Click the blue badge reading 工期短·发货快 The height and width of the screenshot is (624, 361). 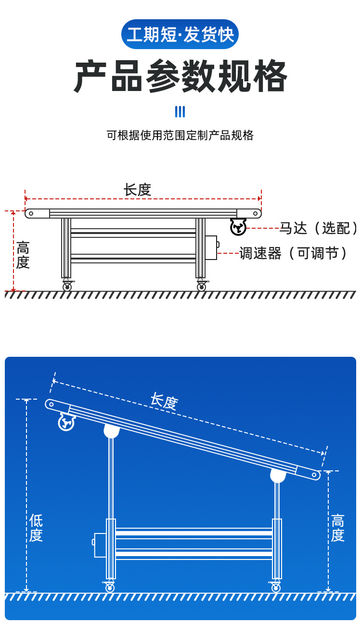pyautogui.click(x=180, y=35)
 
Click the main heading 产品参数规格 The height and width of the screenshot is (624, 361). pyautogui.click(x=180, y=77)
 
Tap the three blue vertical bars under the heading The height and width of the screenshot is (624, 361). pyautogui.click(x=180, y=112)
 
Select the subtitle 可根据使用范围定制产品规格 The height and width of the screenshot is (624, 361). pyautogui.click(x=180, y=135)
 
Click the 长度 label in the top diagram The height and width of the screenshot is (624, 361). pyautogui.click(x=137, y=190)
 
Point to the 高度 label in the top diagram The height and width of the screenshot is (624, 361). pyautogui.click(x=23, y=255)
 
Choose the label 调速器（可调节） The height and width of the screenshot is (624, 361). pyautogui.click(x=294, y=253)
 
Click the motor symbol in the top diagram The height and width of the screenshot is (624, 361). pyautogui.click(x=238, y=227)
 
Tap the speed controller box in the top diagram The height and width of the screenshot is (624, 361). pyautogui.click(x=211, y=247)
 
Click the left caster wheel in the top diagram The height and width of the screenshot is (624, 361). pyautogui.click(x=67, y=286)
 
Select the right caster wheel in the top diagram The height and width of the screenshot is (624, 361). pyautogui.click(x=201, y=286)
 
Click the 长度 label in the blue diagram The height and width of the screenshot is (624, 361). pyautogui.click(x=164, y=401)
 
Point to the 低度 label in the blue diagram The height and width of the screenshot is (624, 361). pyautogui.click(x=36, y=528)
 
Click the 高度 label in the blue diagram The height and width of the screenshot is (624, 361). pyautogui.click(x=337, y=528)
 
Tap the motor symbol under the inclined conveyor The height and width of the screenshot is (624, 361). pyautogui.click(x=66, y=422)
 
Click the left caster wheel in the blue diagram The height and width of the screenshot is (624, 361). pyautogui.click(x=110, y=587)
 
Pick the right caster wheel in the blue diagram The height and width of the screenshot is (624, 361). pyautogui.click(x=276, y=587)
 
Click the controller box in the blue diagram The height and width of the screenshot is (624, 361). pyautogui.click(x=100, y=545)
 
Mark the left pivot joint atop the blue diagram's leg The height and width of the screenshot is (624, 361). pyautogui.click(x=111, y=431)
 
